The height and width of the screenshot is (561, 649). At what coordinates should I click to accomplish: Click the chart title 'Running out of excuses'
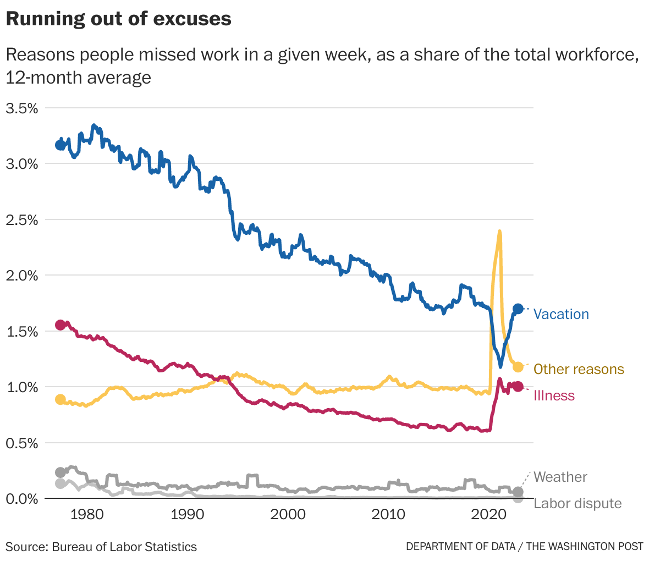(118, 19)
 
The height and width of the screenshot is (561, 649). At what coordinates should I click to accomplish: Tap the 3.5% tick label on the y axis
(22, 108)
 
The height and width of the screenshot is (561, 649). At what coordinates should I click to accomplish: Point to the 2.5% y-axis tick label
(22, 220)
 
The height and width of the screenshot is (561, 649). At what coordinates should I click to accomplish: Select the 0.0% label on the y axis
(22, 499)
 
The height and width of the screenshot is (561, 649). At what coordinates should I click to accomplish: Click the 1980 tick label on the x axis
(87, 515)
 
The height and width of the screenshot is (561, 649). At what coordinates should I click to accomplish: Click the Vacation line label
(561, 314)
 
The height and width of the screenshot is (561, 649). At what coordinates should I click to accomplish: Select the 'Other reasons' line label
(579, 369)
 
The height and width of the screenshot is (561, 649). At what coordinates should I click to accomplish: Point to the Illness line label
(554, 395)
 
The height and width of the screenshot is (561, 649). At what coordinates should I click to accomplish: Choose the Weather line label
(560, 477)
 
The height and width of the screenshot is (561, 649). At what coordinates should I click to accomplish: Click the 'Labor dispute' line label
(577, 503)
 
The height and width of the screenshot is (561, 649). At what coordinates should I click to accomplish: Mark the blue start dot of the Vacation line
(61, 145)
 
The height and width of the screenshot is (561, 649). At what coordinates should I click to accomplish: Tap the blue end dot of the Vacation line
(518, 309)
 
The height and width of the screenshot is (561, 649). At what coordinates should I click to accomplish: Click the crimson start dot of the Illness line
(61, 325)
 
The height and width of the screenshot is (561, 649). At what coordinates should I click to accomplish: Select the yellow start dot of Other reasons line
(61, 399)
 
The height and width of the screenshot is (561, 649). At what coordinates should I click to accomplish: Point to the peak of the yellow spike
(499, 232)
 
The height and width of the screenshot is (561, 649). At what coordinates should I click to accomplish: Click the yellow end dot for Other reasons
(518, 367)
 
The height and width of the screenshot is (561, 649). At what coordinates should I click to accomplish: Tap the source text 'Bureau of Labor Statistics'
(124, 547)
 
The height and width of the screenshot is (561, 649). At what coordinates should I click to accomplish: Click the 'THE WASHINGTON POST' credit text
(585, 547)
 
